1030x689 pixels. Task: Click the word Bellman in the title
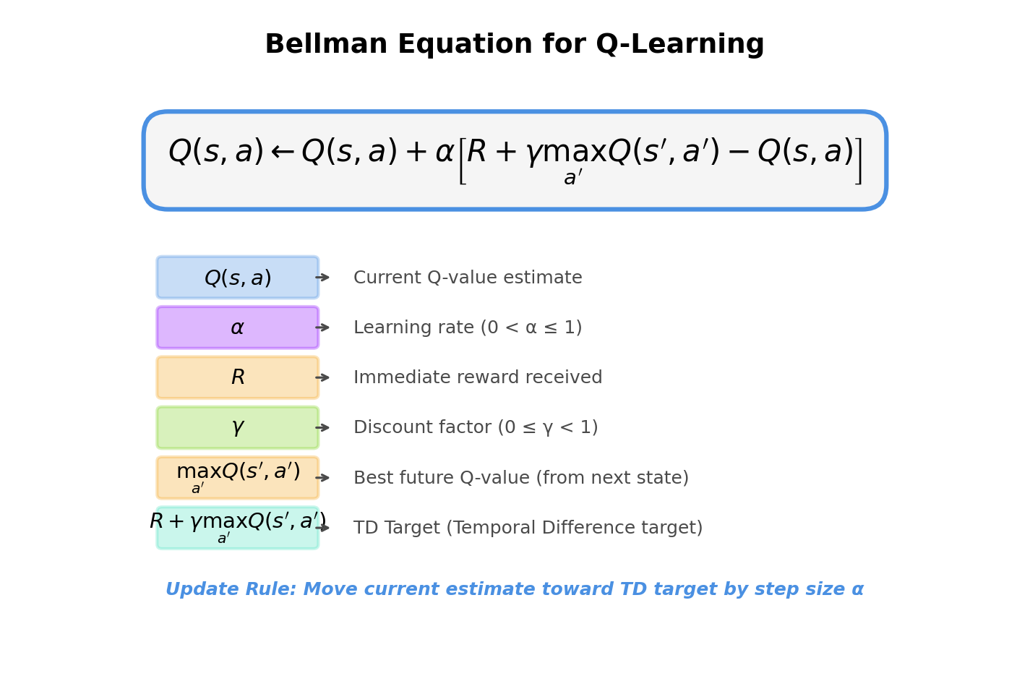coord(325,45)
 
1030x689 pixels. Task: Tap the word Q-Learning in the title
coord(679,45)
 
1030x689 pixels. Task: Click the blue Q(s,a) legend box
coord(237,278)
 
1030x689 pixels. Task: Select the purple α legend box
coord(237,328)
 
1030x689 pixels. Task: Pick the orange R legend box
coord(237,377)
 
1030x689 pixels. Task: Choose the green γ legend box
coord(237,427)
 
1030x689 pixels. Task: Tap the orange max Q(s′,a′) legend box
coord(237,477)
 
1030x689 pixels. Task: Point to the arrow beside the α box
coord(323,328)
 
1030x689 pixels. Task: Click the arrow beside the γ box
coord(323,427)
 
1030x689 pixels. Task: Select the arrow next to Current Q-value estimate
coord(323,278)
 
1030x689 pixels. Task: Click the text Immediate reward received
coord(478,377)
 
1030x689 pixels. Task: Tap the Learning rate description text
coord(468,328)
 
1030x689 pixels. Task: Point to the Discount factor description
coord(476,427)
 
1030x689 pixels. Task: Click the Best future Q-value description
coord(520,478)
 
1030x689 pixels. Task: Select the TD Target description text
coord(528,528)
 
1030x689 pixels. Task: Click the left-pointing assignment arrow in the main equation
coord(282,153)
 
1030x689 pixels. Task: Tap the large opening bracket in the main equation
coord(462,161)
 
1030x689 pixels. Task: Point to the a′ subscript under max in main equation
coord(572,178)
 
